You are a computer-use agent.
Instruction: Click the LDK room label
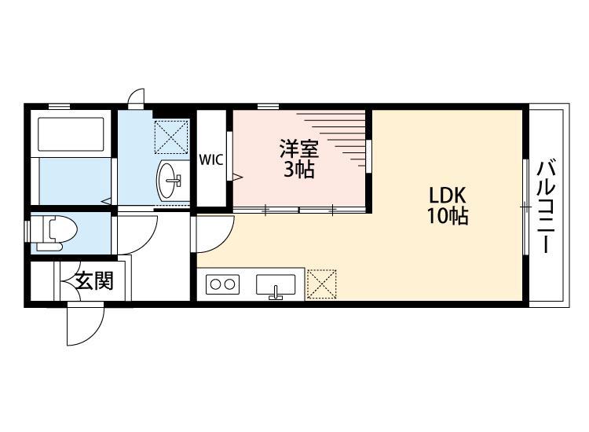coord(448,196)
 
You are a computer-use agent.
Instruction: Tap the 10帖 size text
coord(448,217)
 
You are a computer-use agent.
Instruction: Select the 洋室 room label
coord(299,148)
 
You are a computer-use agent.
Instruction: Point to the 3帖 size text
coord(299,169)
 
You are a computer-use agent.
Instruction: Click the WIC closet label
coord(210,159)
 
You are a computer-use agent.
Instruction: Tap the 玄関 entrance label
coord(94,280)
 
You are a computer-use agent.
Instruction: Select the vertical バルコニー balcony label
coord(547,206)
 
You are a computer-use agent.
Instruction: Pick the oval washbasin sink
coord(169,181)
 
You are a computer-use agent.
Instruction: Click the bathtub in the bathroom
coord(71,136)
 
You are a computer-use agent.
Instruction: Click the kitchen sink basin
coord(275,284)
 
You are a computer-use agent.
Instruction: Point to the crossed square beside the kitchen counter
coord(321,284)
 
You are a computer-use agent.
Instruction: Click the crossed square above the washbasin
coord(171,136)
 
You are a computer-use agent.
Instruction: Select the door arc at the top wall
coord(136,98)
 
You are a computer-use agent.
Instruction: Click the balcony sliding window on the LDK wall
coord(525,206)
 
